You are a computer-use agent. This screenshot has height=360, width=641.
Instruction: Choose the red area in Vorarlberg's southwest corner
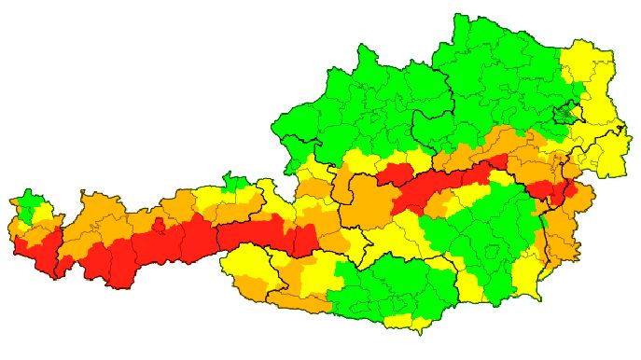coord(35,252)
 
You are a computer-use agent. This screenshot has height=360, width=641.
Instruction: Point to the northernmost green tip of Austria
coord(459,23)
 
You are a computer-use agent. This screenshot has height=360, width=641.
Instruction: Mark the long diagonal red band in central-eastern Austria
coord(439,187)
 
